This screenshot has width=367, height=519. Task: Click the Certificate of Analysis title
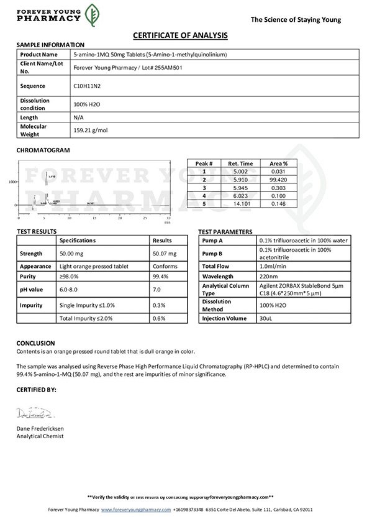[180, 35]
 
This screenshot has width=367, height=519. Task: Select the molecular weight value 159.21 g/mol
[91, 131]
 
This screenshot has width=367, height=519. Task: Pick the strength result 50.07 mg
[165, 254]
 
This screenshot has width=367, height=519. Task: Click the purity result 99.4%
[161, 277]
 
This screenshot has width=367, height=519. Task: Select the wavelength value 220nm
[269, 277]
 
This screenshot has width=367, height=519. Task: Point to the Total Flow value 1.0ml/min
[273, 265]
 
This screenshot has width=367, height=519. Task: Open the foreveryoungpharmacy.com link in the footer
[136, 509]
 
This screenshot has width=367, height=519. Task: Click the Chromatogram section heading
[43, 150]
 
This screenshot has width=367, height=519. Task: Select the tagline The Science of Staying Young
[296, 20]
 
